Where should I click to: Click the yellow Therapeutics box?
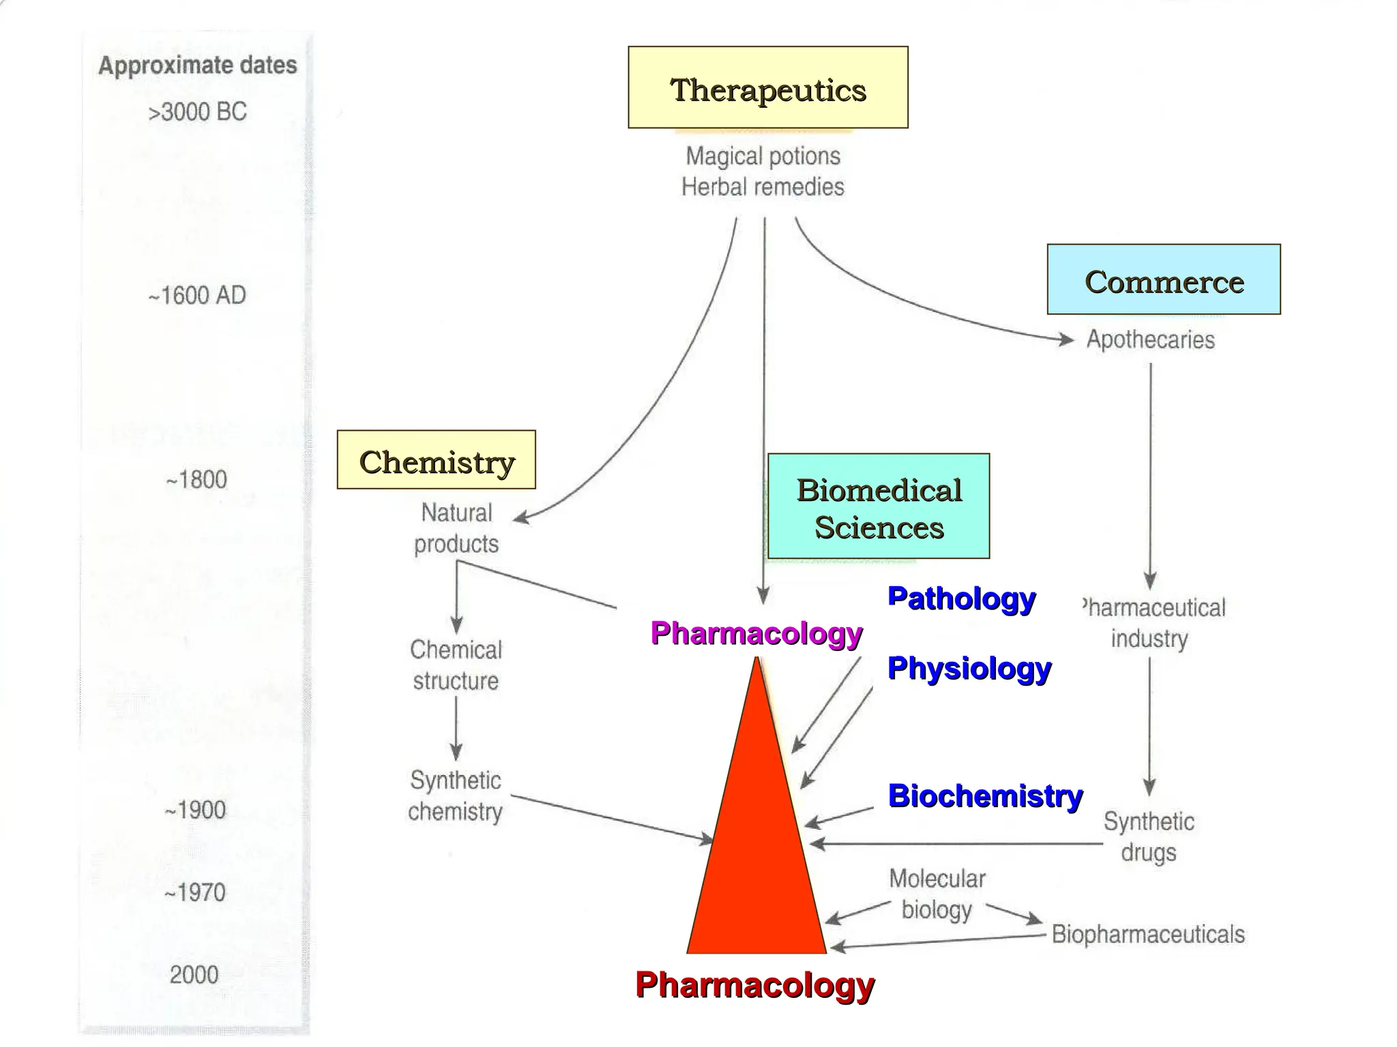767,87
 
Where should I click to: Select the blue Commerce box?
1163,279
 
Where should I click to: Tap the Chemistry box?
436,460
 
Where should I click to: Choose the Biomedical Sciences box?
879,506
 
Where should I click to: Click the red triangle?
756,852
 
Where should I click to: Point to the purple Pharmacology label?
756,633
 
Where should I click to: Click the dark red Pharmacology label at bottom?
754,985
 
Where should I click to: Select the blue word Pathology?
960,598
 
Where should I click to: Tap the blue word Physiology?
969,668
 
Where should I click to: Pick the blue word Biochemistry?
984,795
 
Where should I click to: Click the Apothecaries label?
1150,339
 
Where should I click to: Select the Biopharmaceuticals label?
1147,934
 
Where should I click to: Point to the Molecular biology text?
937,894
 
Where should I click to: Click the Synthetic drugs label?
1149,836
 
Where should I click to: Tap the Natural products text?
456,528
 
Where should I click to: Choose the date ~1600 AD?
197,295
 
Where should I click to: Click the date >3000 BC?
197,112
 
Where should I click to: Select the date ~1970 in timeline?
194,892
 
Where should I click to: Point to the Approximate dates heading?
198,65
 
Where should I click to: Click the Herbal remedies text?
763,187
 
